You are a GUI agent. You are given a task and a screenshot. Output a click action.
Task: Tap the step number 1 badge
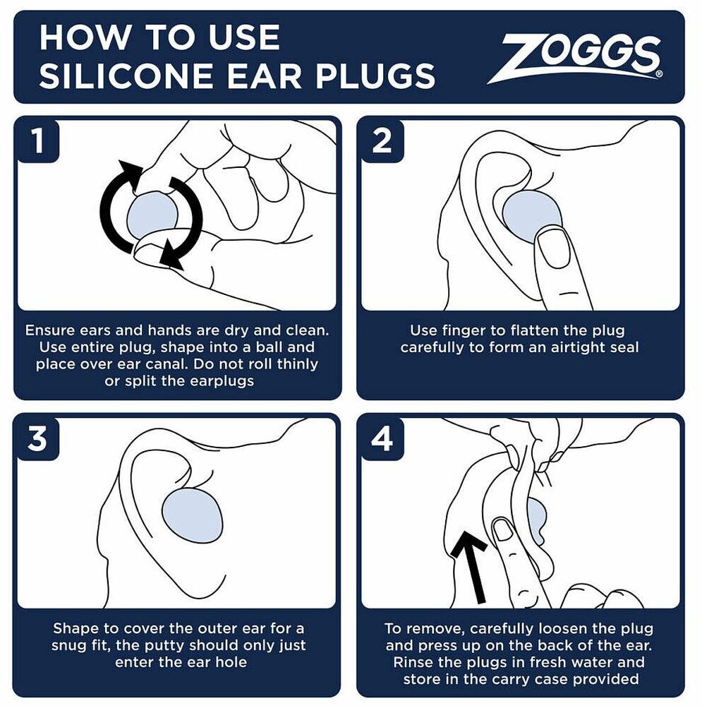click(38, 141)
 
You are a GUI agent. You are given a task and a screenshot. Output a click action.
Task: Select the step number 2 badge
click(382, 141)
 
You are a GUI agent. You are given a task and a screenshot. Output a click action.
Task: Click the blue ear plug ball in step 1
click(152, 215)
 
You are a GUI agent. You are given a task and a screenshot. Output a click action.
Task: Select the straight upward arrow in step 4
click(471, 566)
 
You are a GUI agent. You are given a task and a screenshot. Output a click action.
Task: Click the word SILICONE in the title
click(126, 76)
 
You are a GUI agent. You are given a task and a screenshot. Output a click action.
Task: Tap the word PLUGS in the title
click(375, 76)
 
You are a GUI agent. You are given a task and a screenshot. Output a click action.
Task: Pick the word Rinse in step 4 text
click(412, 662)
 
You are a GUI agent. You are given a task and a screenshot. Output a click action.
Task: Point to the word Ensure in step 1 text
click(49, 330)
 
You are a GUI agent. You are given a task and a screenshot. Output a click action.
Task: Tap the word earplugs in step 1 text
click(222, 382)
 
